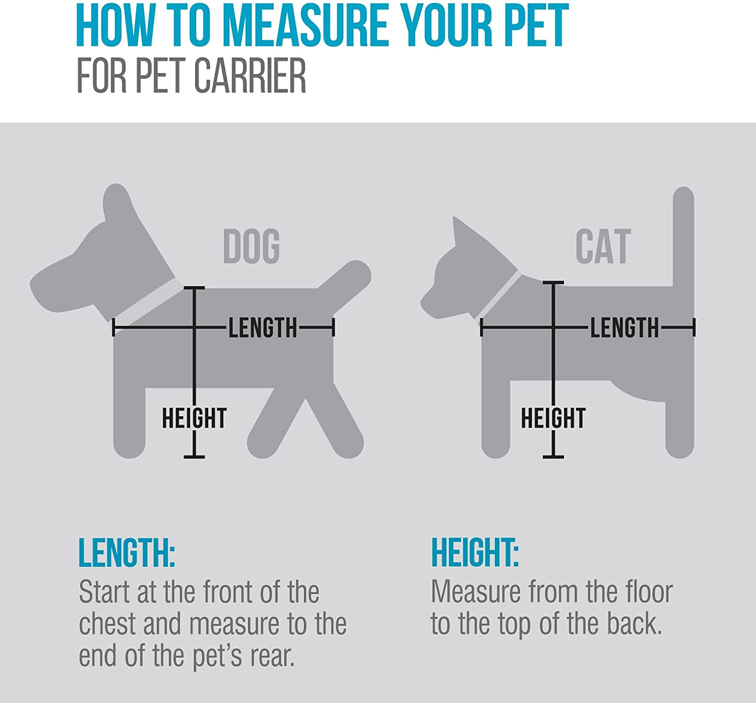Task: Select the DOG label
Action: coord(251,246)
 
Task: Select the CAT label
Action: coord(603,246)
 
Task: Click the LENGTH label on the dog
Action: coord(263,328)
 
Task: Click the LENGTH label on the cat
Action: coord(624,328)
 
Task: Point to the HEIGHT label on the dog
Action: coord(194,418)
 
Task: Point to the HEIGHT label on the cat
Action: coord(553,418)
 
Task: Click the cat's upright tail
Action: coord(683,237)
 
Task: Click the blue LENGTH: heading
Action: coord(127,553)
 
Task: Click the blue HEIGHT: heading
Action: coord(475,553)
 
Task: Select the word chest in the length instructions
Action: coord(107,624)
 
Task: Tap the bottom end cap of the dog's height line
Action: coord(194,456)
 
